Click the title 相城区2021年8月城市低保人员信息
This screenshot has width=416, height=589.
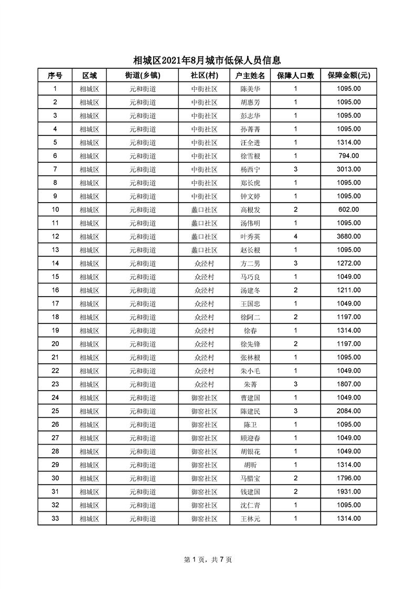[x=207, y=60]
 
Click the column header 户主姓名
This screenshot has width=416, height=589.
[x=250, y=76]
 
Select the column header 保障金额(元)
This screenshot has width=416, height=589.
[x=348, y=76]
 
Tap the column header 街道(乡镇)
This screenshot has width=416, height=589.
[x=142, y=76]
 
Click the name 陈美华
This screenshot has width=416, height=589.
[x=250, y=89]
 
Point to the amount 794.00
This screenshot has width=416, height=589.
[x=348, y=156]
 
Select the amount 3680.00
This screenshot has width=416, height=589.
[x=348, y=237]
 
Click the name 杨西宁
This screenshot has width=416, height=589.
[x=250, y=170]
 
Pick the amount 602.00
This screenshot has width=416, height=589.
[x=348, y=210]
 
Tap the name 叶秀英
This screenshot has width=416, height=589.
[x=250, y=237]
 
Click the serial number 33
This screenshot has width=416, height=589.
[x=55, y=519]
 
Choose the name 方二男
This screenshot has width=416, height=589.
[x=250, y=264]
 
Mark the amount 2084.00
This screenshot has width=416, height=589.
[x=348, y=411]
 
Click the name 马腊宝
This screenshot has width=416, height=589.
[x=250, y=478]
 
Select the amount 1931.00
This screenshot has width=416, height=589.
[x=348, y=492]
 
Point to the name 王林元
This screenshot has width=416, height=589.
[x=250, y=519]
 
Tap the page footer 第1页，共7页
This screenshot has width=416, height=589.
[x=208, y=560]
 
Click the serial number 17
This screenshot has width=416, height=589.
[x=55, y=303]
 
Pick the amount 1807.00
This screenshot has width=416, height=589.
[x=348, y=384]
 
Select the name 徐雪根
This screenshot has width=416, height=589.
[x=250, y=156]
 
